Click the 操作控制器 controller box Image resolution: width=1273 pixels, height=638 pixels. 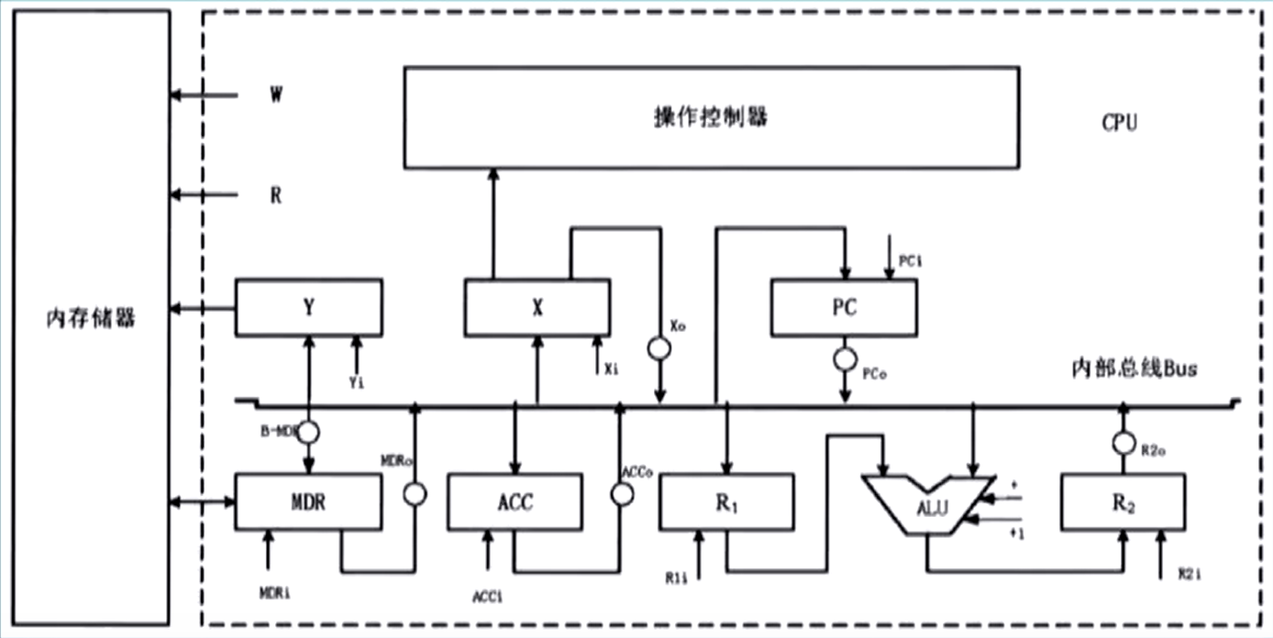(711, 116)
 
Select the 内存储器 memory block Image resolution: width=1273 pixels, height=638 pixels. (91, 317)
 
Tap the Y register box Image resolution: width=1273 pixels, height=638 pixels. (309, 307)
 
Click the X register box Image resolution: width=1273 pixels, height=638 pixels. (537, 308)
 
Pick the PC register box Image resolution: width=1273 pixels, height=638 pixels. (844, 308)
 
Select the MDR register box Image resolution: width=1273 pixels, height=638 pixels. (308, 501)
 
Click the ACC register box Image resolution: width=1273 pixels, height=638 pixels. (515, 501)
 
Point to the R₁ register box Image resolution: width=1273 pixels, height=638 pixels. (726, 501)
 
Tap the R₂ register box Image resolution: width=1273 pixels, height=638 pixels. (1122, 501)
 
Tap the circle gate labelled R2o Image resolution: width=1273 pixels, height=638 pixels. (1122, 443)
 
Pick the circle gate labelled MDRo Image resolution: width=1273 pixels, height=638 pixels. (415, 494)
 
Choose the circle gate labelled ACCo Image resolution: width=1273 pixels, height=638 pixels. (622, 494)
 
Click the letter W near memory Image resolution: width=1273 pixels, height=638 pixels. (275, 95)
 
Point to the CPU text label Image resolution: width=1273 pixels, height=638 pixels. (1119, 122)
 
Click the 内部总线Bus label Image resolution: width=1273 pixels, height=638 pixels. (1135, 368)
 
